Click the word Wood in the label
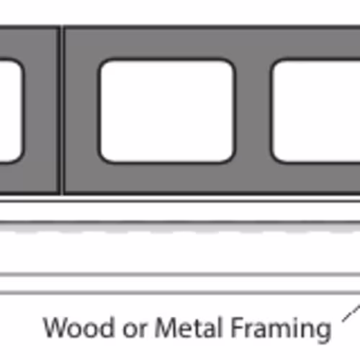tap(78, 328)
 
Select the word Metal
tap(188, 328)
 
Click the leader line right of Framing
tap(351, 313)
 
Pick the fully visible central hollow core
tap(167, 111)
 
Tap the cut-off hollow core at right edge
tap(315, 111)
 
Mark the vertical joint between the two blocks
tap(62, 110)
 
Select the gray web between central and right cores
tap(253, 111)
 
